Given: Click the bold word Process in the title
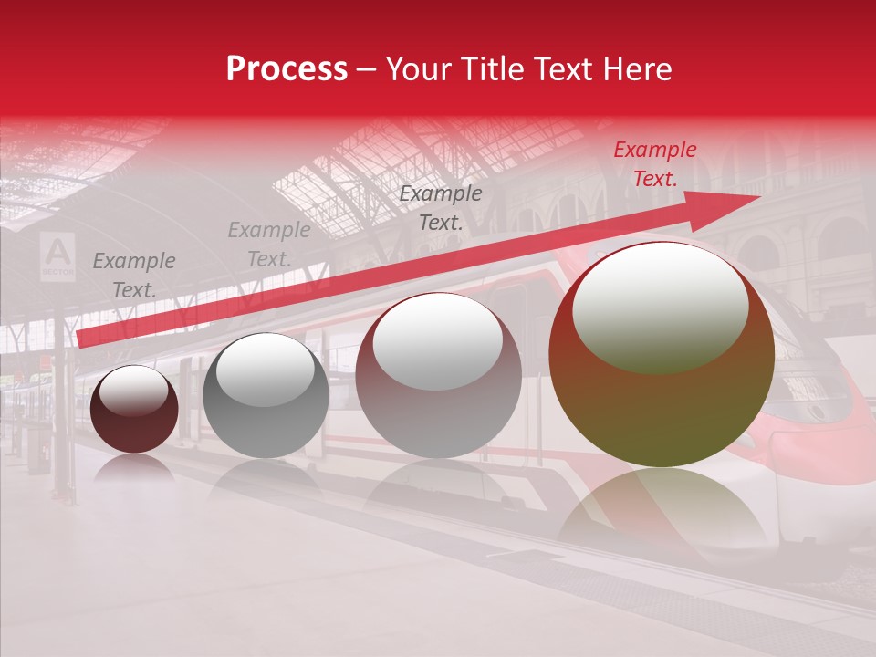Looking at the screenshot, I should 287,69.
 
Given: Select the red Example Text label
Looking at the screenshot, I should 655,164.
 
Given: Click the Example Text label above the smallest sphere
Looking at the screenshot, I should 133,276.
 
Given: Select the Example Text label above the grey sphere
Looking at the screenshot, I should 268,245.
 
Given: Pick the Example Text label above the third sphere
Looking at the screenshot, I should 441,207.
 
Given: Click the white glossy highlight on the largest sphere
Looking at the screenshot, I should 660,306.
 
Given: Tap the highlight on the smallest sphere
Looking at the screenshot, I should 133,391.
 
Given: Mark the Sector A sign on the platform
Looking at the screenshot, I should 57,255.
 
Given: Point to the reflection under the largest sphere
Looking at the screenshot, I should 662,511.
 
